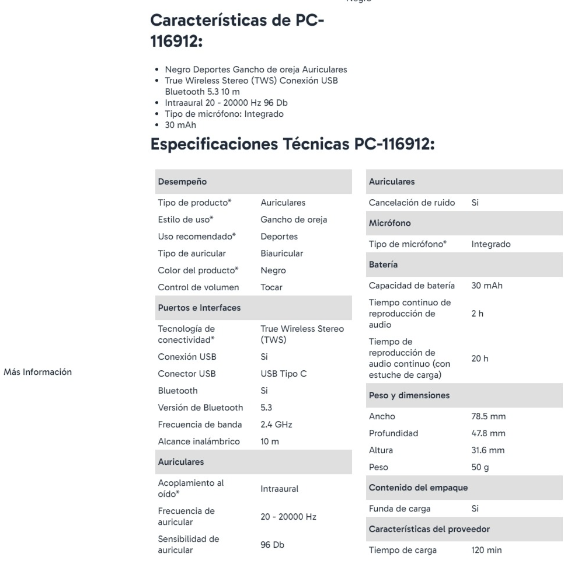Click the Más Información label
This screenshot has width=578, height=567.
pyautogui.click(x=38, y=371)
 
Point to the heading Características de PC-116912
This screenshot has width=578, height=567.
pyautogui.click(x=237, y=32)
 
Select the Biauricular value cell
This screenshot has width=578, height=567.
pyautogui.click(x=281, y=253)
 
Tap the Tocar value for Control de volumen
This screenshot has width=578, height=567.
pyautogui.click(x=271, y=287)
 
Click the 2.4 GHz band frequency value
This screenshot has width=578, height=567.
pyautogui.click(x=276, y=425)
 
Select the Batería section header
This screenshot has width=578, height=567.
pyautogui.click(x=384, y=265)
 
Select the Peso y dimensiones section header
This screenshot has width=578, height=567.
pyautogui.click(x=409, y=395)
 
